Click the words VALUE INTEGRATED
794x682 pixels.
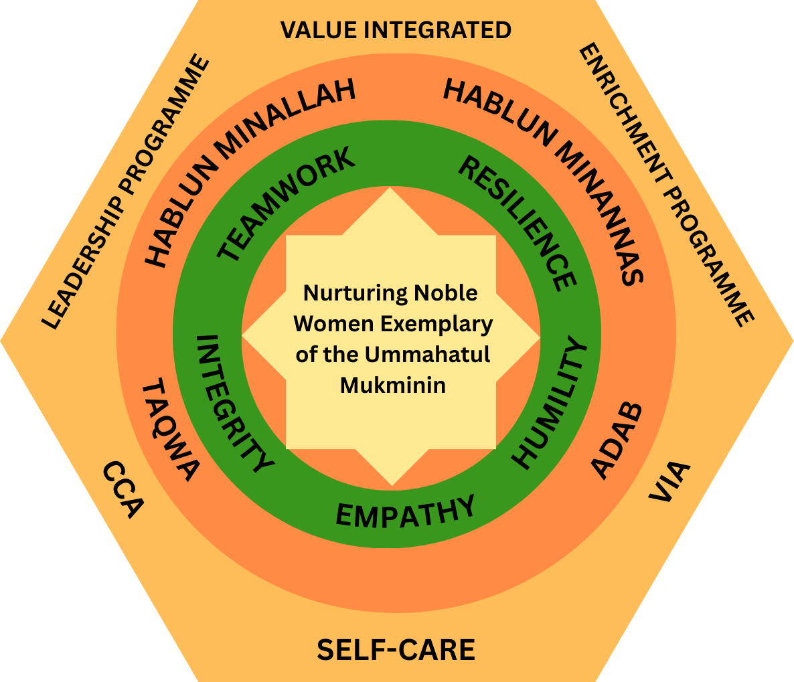396,30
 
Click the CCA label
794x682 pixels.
123,489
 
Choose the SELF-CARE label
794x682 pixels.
396,650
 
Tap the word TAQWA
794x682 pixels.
170,429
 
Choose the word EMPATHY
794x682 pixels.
405,511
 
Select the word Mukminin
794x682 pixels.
393,385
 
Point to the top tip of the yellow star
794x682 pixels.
391,189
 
